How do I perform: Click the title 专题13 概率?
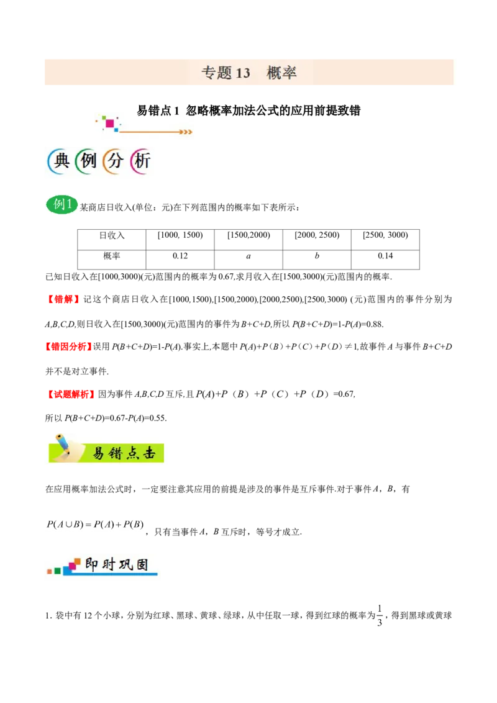pos(249,73)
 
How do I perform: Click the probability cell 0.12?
pos(180,256)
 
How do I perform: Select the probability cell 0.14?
pos(385,256)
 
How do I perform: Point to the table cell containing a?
pos(248,256)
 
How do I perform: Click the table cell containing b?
pos(317,256)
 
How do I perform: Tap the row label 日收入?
pos(112,235)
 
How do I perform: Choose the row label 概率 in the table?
pos(112,256)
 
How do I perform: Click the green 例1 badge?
pos(62,205)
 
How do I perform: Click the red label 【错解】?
pos(63,299)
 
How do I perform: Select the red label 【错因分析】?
pos(68,347)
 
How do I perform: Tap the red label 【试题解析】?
pos(71,394)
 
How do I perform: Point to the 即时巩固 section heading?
pos(102,566)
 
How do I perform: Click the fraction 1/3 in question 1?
pos(380,615)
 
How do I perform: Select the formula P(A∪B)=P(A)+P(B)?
pos(95,524)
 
